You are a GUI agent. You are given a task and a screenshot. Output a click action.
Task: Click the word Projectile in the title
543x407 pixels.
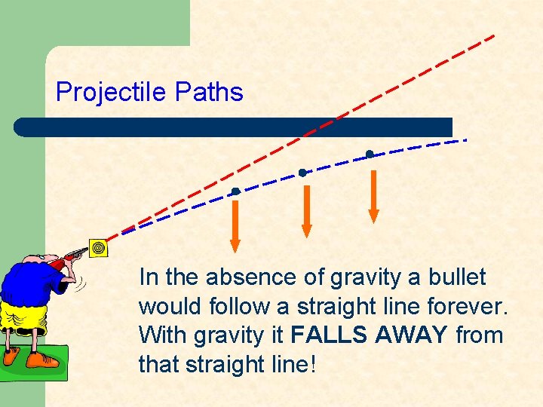click(112, 93)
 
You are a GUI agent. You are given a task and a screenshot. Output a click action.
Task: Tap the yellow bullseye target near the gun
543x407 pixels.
click(97, 246)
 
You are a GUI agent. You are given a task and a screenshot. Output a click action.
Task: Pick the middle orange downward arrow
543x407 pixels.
click(306, 210)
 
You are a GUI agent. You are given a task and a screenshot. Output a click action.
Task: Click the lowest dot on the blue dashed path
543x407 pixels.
click(235, 191)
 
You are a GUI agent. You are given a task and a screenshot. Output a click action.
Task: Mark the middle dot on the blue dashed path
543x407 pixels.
click(302, 173)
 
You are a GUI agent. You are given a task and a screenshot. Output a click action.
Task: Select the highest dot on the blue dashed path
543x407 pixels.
click(369, 155)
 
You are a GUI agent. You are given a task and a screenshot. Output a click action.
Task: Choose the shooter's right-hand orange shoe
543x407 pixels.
click(41, 360)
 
